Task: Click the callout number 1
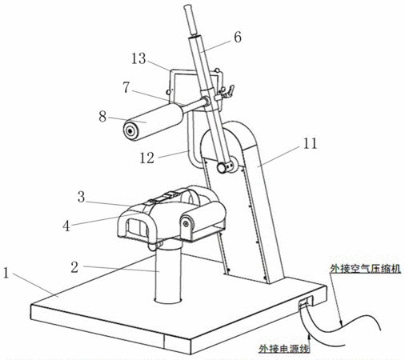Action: tap(6, 273)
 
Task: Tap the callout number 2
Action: tap(74, 267)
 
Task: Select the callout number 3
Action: tap(81, 197)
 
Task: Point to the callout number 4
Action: tap(66, 226)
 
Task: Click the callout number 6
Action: tap(238, 37)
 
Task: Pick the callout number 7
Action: tap(126, 87)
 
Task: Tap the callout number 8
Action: tap(102, 117)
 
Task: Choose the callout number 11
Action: tap(310, 143)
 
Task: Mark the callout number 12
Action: tap(147, 158)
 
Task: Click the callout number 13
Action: tap(138, 58)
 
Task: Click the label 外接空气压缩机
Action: tap(365, 268)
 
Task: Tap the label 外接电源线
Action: tap(284, 349)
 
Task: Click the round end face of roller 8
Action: tap(130, 131)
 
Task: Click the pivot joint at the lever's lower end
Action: tap(225, 166)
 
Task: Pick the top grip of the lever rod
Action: tap(190, 19)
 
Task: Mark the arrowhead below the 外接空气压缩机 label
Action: tap(341, 323)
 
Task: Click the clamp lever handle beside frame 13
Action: tap(228, 90)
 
